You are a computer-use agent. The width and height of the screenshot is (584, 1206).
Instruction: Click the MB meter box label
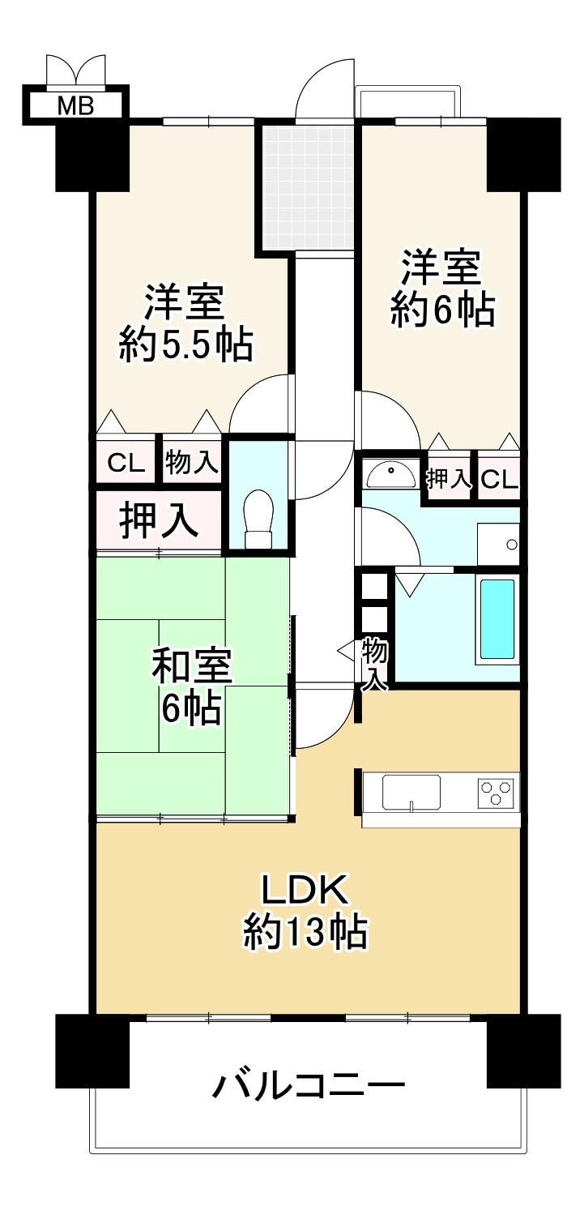(75, 106)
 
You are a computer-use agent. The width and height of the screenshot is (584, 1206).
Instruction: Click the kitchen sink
(411, 791)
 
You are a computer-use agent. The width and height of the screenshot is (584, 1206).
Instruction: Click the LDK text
(304, 893)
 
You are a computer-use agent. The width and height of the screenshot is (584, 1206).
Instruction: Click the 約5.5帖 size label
(186, 344)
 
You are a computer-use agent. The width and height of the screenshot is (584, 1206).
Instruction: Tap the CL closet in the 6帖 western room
(499, 477)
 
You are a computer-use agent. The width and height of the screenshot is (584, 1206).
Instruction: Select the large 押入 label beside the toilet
(158, 521)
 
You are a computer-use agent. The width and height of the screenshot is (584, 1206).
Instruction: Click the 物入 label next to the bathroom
(375, 663)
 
